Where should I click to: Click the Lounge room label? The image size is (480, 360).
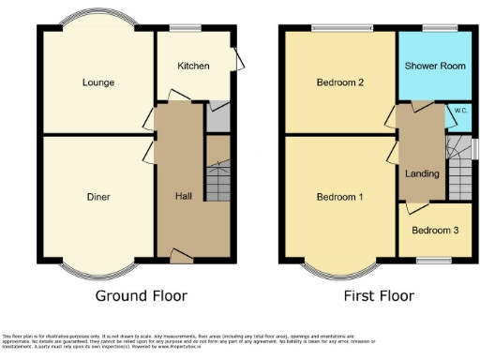click(x=97, y=82)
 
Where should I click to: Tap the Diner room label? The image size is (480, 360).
click(x=97, y=197)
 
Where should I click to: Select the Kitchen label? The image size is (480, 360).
click(x=194, y=66)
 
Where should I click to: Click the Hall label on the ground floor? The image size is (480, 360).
click(x=184, y=197)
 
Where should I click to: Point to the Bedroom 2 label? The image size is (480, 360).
click(x=338, y=82)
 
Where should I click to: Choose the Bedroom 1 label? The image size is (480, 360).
click(x=338, y=197)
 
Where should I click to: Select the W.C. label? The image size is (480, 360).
click(x=460, y=111)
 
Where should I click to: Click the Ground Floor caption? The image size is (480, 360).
click(x=142, y=295)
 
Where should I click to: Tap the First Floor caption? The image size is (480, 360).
click(x=379, y=295)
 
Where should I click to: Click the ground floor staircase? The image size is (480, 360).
click(x=217, y=178)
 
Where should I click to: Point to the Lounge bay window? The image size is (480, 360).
click(x=97, y=20)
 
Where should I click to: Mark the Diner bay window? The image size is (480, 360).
click(x=97, y=270)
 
